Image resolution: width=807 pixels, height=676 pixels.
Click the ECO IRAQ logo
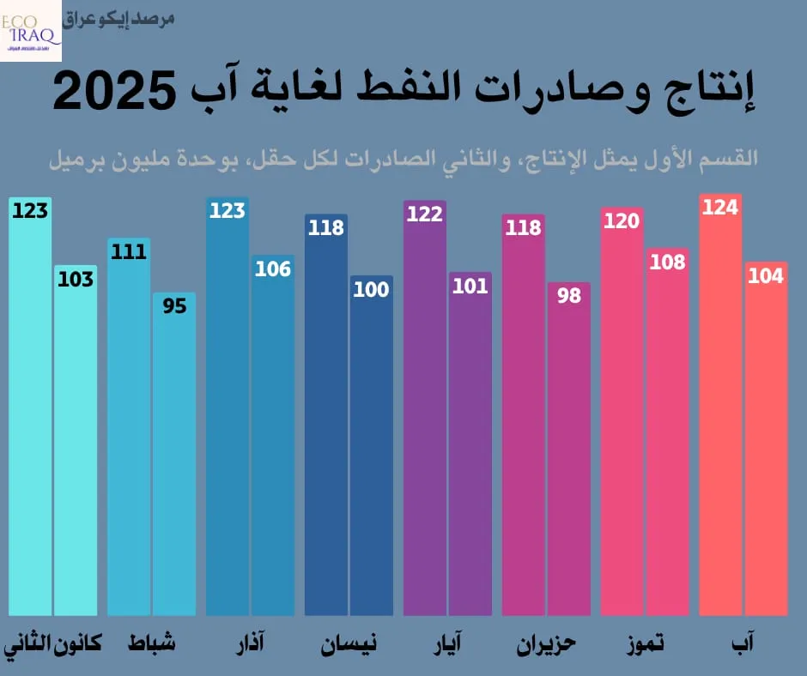click(31, 31)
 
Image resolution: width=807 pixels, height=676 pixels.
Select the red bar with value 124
click(720, 412)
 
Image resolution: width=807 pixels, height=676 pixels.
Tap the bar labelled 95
click(174, 455)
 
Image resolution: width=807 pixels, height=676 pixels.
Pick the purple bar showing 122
click(424, 412)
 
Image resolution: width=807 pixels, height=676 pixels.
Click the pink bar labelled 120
click(622, 412)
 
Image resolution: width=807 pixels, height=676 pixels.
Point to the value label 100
click(371, 290)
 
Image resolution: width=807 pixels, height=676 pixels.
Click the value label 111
click(129, 252)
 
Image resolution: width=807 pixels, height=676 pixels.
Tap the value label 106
click(273, 269)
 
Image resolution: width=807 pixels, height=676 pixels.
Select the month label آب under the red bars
click(740, 643)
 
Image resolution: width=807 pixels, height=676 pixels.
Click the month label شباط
click(152, 643)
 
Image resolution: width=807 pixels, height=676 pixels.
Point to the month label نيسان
click(349, 643)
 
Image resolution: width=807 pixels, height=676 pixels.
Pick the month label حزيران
click(546, 643)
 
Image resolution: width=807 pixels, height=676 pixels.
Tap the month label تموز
click(645, 643)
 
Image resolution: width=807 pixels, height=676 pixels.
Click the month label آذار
click(250, 643)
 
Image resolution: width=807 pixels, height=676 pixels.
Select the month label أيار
click(447, 643)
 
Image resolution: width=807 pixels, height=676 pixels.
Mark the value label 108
click(667, 262)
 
